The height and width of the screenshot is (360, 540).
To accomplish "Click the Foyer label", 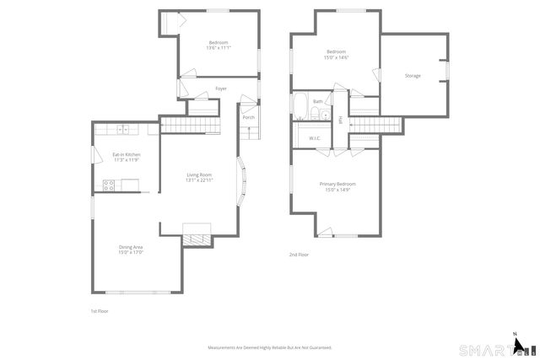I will [x=221, y=89].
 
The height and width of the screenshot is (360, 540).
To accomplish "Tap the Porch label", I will [x=249, y=117].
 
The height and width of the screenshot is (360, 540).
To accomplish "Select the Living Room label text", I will [x=199, y=175].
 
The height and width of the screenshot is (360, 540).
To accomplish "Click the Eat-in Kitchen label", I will [x=127, y=155].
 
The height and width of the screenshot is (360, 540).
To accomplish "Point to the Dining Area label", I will [x=131, y=246].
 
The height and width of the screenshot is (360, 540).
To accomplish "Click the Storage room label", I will [x=413, y=76].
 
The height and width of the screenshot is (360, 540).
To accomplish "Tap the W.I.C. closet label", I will [x=315, y=137].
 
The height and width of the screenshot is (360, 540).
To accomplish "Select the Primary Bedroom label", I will [x=337, y=184].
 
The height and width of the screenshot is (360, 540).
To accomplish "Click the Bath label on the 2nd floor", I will [x=317, y=102].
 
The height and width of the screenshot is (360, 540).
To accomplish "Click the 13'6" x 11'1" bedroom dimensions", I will [x=219, y=47].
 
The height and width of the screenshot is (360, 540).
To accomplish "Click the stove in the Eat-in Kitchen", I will [x=109, y=186].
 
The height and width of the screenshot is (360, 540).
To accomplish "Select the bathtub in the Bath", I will [x=301, y=105].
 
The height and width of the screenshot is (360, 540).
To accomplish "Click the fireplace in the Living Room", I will [x=197, y=235].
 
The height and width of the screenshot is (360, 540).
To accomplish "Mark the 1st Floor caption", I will [x=100, y=311].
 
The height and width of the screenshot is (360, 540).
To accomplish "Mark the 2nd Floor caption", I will [x=299, y=254].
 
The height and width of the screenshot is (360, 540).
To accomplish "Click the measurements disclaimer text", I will [x=270, y=347].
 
